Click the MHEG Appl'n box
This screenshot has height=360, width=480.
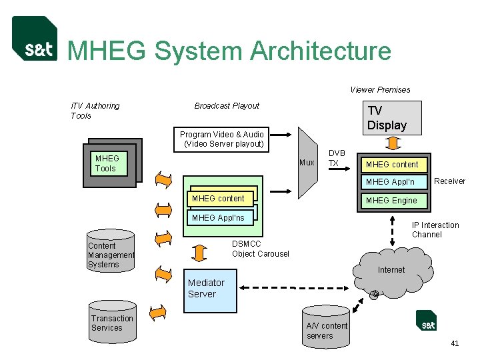[390, 182]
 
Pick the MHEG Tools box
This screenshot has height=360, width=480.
[111, 163]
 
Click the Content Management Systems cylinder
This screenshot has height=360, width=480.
[111, 252]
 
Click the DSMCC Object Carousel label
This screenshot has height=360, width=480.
[260, 249]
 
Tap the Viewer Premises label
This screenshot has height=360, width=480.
[380, 90]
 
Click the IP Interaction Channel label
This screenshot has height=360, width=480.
[435, 230]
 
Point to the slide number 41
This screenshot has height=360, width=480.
[455, 343]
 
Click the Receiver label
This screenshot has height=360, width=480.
[449, 181]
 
